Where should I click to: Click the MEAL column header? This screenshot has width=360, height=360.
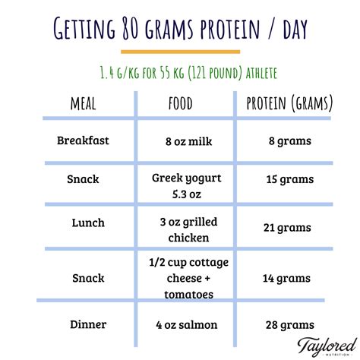point(84,104)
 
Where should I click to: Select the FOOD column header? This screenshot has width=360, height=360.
point(181,103)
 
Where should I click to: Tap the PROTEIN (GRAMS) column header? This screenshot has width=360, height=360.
point(289,103)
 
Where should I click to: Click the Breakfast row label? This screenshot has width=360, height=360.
point(83,141)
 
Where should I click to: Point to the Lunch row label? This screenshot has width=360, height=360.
point(88,223)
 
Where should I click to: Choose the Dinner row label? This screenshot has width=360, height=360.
point(88,324)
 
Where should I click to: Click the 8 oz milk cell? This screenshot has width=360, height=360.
point(188,141)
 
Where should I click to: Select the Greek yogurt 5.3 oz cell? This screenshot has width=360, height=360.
point(187,186)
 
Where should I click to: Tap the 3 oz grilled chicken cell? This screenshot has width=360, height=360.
point(188,229)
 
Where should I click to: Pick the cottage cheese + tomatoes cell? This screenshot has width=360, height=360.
point(188,278)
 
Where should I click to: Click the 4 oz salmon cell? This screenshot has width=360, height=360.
point(187,325)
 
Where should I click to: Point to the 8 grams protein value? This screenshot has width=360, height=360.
point(290,141)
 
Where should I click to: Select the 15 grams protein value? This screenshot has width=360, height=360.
point(290,179)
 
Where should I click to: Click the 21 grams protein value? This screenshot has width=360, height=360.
point(287,228)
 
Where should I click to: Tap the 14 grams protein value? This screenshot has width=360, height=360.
point(286,279)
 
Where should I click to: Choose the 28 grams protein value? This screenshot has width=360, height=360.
point(290,325)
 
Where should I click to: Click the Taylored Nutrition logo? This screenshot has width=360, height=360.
point(327,347)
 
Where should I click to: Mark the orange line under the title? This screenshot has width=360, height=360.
point(180,52)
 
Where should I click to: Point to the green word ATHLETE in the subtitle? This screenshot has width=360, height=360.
point(261,73)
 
